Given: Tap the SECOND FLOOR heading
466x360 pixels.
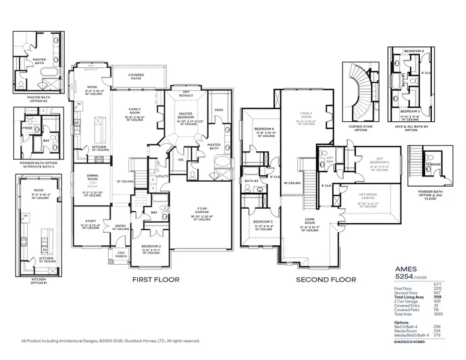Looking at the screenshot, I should coord(326,279).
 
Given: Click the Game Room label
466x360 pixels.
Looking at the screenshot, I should coord(309,221).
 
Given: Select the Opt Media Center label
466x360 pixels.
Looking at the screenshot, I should coord(367,196).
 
